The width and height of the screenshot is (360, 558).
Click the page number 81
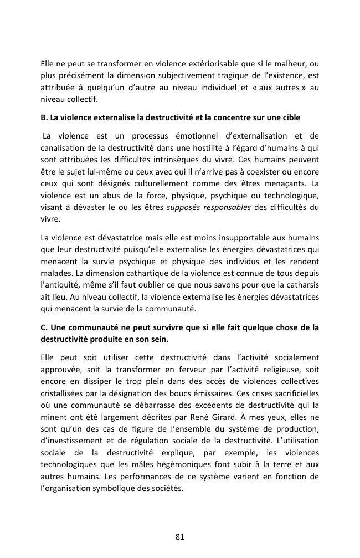click(179, 536)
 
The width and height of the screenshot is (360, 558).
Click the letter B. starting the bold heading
click(44, 118)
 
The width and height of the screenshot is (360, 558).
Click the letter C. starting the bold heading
click(44, 328)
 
